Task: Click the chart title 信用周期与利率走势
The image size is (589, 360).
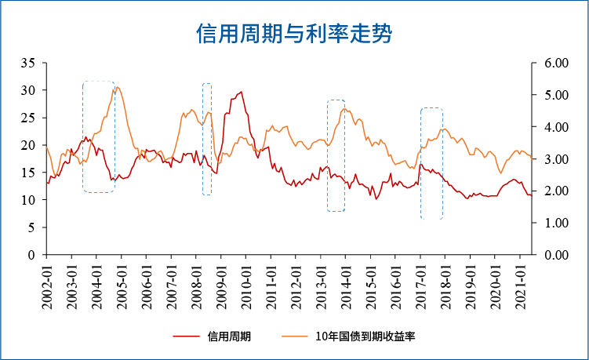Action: coord(293,35)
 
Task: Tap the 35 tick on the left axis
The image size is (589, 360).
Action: coord(30,63)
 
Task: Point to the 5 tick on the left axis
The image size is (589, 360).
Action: coord(33,227)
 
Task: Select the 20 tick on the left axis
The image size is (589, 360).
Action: coord(30,145)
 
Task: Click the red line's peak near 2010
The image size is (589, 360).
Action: coord(241,92)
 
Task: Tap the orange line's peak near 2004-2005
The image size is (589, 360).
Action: coord(117,87)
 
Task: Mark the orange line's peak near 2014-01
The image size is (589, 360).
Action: coord(345,109)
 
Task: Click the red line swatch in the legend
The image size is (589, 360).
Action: coord(186,336)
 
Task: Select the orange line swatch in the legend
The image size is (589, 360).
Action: coord(295,336)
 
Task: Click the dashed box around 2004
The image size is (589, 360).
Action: coord(99,136)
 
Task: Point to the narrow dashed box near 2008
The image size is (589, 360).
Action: coord(207,139)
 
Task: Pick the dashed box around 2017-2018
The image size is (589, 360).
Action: coord(431,163)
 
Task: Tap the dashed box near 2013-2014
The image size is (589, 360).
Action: coord(336,155)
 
